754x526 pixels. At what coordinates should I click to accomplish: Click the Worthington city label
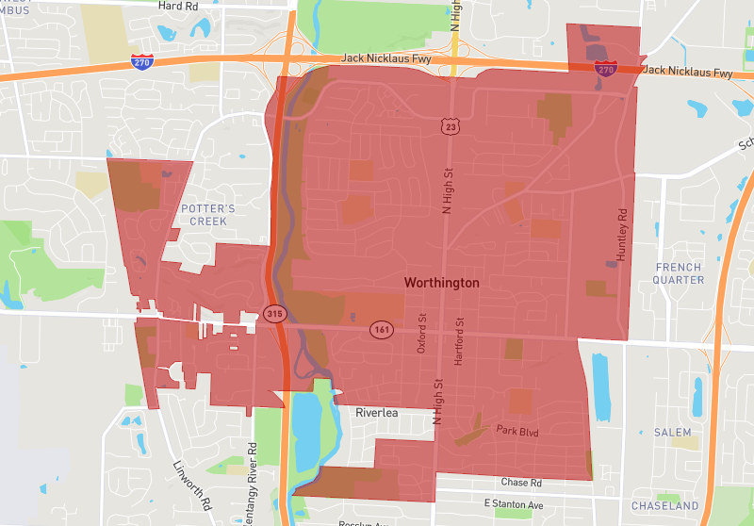click(x=441, y=283)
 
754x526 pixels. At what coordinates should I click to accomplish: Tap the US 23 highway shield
click(x=451, y=125)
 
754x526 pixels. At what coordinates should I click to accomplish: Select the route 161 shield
click(x=381, y=329)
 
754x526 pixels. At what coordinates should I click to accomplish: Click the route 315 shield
click(x=274, y=313)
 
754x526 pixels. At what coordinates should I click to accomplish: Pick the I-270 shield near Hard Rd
click(x=139, y=61)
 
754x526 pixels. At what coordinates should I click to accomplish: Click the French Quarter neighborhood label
click(x=679, y=273)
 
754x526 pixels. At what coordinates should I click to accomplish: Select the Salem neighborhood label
click(x=672, y=432)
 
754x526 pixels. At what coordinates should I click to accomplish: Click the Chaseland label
click(x=664, y=506)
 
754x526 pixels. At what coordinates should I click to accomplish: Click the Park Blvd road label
click(x=516, y=430)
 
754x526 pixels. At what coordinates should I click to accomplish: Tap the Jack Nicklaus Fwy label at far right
click(x=689, y=72)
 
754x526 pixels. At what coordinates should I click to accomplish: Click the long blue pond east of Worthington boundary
click(x=600, y=385)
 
